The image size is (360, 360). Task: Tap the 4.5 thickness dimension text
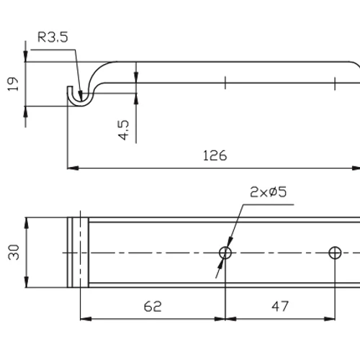[x=123, y=130]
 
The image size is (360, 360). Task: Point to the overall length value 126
[x=215, y=156]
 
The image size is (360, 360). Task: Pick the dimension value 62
[x=153, y=306]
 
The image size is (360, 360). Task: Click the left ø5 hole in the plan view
[x=225, y=253]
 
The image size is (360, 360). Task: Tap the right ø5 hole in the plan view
[x=334, y=253]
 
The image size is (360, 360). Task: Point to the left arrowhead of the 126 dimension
[x=71, y=168]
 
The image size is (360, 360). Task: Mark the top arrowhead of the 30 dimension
[x=26, y=220]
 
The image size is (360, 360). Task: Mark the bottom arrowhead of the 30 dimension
[x=26, y=285]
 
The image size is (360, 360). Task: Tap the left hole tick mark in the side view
[x=225, y=83]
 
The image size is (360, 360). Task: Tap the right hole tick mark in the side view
[x=335, y=83]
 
